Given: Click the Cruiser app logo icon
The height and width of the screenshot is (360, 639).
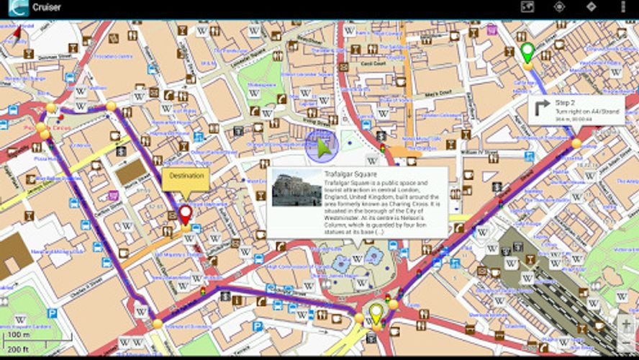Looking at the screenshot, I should pos(17,8).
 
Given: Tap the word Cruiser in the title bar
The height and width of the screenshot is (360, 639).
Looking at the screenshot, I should pos(46,8).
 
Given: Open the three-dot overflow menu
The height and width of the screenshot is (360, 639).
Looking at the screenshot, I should pos(622,7).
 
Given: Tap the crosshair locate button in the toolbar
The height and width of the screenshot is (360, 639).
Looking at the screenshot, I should pos(559,7).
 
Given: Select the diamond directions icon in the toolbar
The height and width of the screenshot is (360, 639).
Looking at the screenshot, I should pos(591,7).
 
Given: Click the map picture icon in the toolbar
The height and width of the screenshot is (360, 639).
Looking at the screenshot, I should pos(527,7).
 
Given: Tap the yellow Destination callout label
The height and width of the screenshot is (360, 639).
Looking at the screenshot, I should pos(186,176).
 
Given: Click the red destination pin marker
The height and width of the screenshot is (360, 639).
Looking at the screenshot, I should pos(185,214).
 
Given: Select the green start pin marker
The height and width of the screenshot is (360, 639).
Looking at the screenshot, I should pos(527,51).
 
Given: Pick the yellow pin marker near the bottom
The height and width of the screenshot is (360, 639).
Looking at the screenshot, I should pos(376,314).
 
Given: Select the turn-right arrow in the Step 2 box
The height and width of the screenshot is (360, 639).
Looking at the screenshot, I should pos(542,107).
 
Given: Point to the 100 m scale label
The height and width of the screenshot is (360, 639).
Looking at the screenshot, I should pos(18,336).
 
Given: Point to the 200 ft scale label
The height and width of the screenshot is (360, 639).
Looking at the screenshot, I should pos(18,348).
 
